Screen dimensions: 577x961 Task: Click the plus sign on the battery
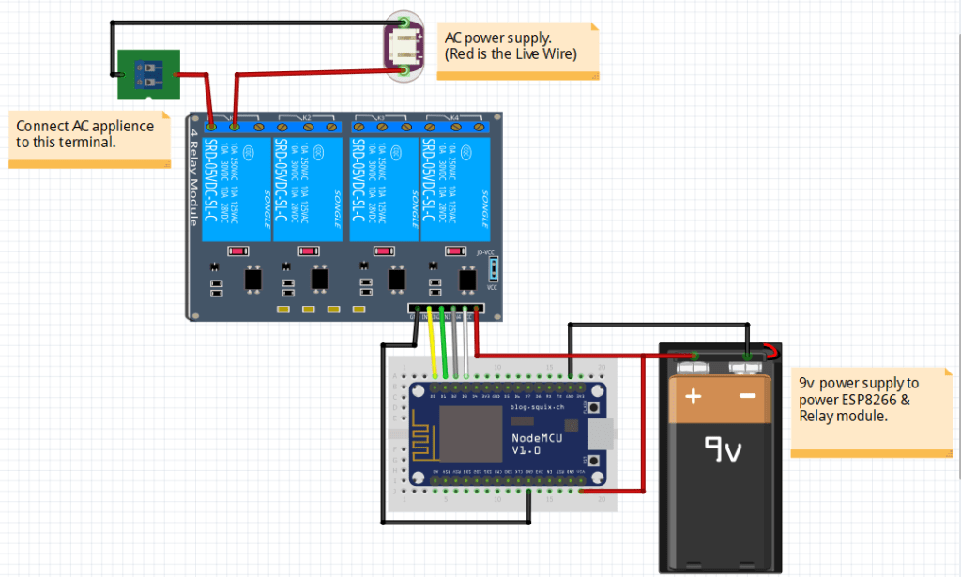pos(694,396)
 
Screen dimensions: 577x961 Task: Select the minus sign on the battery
pos(748,396)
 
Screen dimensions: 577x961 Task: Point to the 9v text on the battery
pos(723,452)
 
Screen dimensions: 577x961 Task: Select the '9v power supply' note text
pos(859,399)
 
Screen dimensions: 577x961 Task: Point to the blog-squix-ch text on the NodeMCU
pos(538,407)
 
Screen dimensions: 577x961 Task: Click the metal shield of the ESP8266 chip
pos(470,431)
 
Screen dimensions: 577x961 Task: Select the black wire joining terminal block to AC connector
pos(253,22)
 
